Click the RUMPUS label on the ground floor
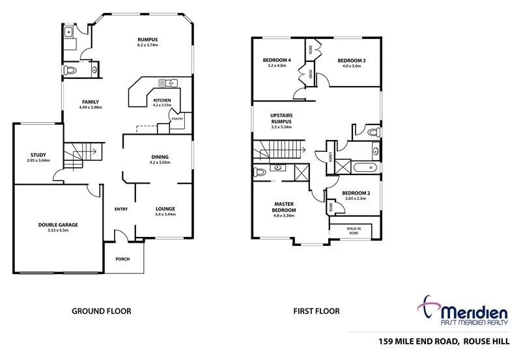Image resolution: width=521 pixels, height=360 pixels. click(148, 39)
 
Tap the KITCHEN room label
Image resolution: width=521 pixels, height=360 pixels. click(162, 100)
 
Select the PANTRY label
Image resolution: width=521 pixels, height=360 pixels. click(176, 119)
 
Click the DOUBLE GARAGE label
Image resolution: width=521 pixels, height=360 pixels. click(58, 225)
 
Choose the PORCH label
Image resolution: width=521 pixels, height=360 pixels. click(122, 259)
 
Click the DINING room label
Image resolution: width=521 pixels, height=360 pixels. click(160, 157)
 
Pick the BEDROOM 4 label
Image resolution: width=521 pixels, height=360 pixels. click(277, 60)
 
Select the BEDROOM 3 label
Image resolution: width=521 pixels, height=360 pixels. click(352, 61)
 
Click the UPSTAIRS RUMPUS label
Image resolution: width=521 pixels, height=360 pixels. click(281, 118)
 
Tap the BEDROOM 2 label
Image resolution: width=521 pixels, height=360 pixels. click(356, 193)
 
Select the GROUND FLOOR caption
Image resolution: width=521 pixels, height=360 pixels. click(101, 311)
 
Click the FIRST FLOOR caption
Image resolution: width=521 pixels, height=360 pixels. click(317, 311)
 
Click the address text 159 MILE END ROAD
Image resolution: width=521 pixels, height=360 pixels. click(419, 340)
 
